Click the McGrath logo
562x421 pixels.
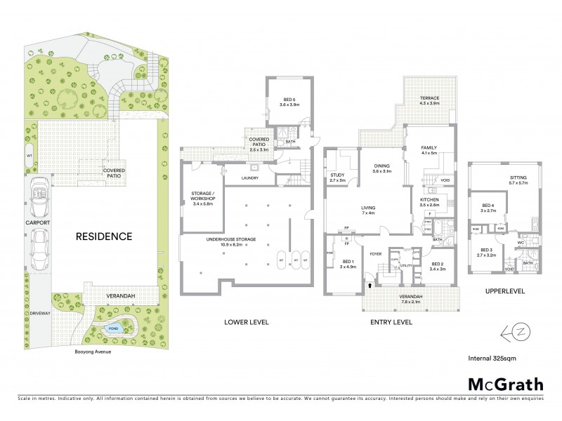(x=505, y=384)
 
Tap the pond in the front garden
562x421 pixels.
(x=112, y=328)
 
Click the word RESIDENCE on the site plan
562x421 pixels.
(x=105, y=236)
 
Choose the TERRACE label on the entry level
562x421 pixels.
(x=430, y=99)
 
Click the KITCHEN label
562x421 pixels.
(x=429, y=200)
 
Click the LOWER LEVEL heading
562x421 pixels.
(x=246, y=322)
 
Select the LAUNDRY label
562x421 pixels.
(x=249, y=178)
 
